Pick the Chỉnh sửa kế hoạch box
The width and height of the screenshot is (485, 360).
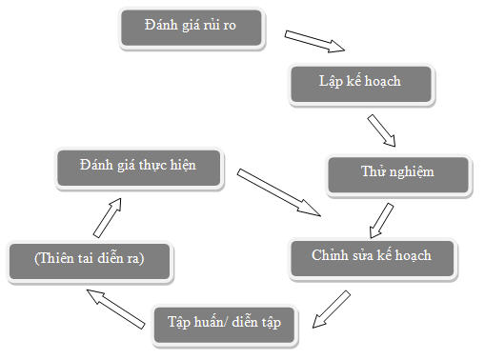coord(373,256)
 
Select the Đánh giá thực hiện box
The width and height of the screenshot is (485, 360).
coord(139,166)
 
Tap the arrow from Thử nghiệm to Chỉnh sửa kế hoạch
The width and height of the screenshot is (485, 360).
coord(381,218)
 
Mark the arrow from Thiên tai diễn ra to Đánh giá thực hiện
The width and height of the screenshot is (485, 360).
coord(110,215)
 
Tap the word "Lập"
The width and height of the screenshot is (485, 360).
coord(330,81)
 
